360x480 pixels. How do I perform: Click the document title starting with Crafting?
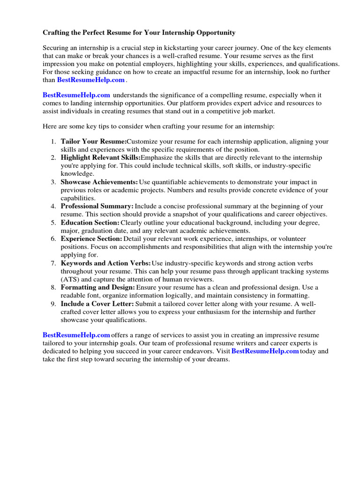click(139, 33)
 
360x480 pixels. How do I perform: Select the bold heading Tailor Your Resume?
click(94, 142)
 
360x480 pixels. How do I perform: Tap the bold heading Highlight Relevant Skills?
click(100, 157)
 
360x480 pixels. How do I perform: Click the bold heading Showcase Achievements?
click(99, 182)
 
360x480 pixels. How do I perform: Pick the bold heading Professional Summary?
click(97, 206)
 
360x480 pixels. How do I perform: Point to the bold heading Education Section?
click(90, 223)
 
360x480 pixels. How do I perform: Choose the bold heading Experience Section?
click(91, 239)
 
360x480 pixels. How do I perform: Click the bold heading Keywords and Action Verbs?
click(106, 263)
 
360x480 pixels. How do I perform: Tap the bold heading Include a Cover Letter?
click(97, 304)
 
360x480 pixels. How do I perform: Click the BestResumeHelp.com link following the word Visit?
click(265, 351)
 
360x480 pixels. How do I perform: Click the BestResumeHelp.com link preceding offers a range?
click(76, 335)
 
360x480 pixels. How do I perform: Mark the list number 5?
click(53, 223)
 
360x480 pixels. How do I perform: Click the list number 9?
click(53, 304)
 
